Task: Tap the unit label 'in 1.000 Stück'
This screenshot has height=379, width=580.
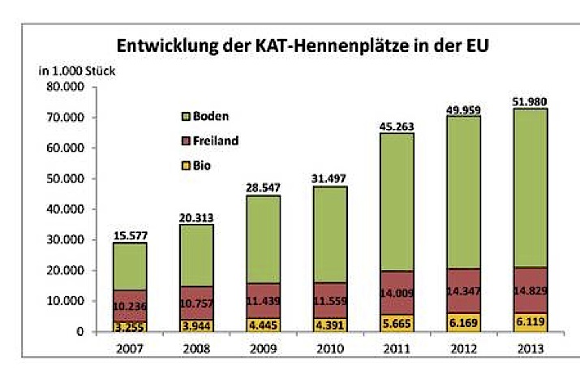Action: (x=78, y=70)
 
